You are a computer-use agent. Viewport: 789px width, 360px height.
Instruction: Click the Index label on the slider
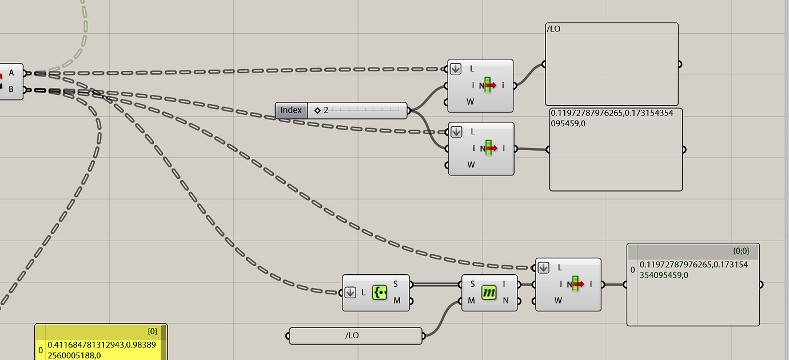tap(291, 110)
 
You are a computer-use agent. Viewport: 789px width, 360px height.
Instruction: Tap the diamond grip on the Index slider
tap(317, 110)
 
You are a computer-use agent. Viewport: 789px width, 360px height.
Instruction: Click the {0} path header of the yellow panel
tap(152, 331)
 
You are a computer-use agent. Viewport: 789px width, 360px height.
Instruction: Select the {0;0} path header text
tap(740, 250)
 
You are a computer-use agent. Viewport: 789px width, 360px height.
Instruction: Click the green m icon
tap(489, 293)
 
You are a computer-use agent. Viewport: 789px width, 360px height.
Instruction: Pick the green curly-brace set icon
tap(380, 293)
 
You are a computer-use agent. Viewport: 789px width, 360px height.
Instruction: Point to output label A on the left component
tap(11, 73)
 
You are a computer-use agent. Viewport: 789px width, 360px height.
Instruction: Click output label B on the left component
tap(11, 90)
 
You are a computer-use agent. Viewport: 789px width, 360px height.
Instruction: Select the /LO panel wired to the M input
tap(354, 335)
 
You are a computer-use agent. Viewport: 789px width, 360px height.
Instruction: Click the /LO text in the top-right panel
tap(554, 29)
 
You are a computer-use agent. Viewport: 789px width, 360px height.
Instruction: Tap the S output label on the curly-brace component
tap(396, 284)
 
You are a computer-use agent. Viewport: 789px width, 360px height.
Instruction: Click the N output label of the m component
tap(505, 301)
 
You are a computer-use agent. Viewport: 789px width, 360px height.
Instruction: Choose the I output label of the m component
tap(504, 284)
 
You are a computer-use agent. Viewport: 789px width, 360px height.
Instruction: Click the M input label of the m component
tap(472, 301)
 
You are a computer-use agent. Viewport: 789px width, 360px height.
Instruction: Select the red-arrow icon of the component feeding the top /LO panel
tap(488, 86)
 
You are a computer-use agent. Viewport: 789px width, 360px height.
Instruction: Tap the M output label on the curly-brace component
tap(396, 301)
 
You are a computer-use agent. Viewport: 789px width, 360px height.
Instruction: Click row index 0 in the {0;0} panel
tap(632, 270)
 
